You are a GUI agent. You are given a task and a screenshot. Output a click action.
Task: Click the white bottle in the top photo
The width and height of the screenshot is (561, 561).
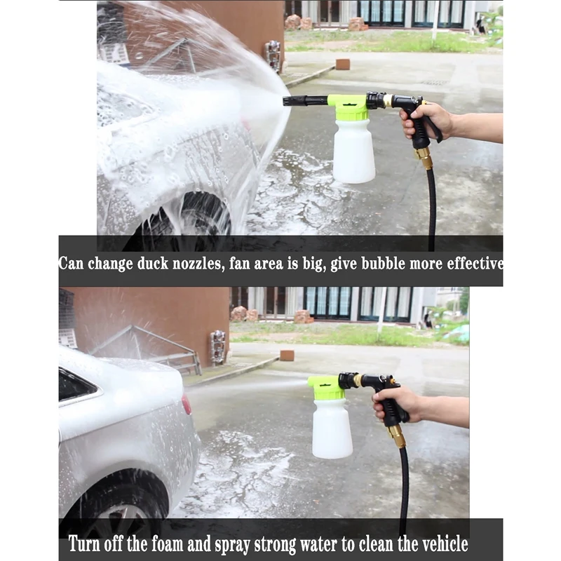point(353,150)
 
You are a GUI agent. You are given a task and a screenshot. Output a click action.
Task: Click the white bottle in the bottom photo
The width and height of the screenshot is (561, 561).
point(332,428)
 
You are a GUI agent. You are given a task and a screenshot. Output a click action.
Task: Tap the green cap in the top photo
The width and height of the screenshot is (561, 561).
point(348,107)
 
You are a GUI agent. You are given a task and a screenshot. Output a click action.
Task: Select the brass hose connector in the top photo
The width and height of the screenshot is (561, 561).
point(424,157)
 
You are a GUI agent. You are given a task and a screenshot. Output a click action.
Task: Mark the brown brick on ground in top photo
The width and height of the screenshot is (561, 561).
point(342,64)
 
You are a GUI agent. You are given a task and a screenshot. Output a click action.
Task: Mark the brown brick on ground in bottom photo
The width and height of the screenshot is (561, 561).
point(287,356)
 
